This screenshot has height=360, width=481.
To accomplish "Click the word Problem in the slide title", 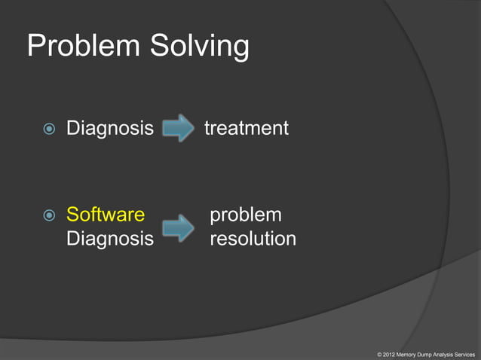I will [x=82, y=47].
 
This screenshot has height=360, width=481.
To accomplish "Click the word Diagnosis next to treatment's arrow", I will [x=110, y=129].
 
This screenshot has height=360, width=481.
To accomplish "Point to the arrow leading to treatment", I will [x=179, y=128].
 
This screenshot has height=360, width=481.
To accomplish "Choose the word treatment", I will [x=246, y=129].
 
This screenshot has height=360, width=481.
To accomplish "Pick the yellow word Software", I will [x=106, y=215].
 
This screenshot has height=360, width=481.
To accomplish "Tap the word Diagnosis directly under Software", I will [x=110, y=239].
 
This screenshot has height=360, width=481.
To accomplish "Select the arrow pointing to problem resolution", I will [x=179, y=227].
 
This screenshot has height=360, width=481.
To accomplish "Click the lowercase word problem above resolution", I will [x=246, y=215].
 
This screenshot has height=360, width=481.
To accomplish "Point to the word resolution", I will [x=253, y=239].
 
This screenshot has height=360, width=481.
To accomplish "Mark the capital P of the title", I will [x=35, y=47].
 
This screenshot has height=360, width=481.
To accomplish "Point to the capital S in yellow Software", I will [x=72, y=215].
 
